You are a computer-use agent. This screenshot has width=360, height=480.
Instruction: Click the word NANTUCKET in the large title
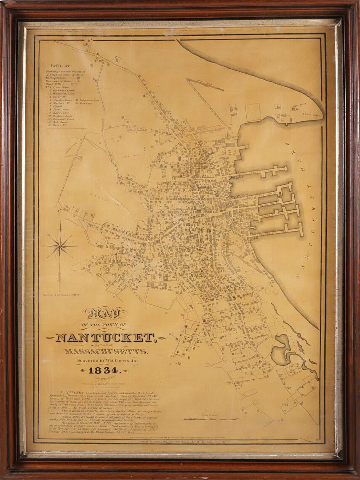point(105,338)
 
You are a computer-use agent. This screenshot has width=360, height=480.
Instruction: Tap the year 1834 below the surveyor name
point(104,371)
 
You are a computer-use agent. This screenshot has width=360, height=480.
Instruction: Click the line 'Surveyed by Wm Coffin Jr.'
point(105,361)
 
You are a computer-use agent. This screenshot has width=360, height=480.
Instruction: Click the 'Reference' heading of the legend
point(61,66)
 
